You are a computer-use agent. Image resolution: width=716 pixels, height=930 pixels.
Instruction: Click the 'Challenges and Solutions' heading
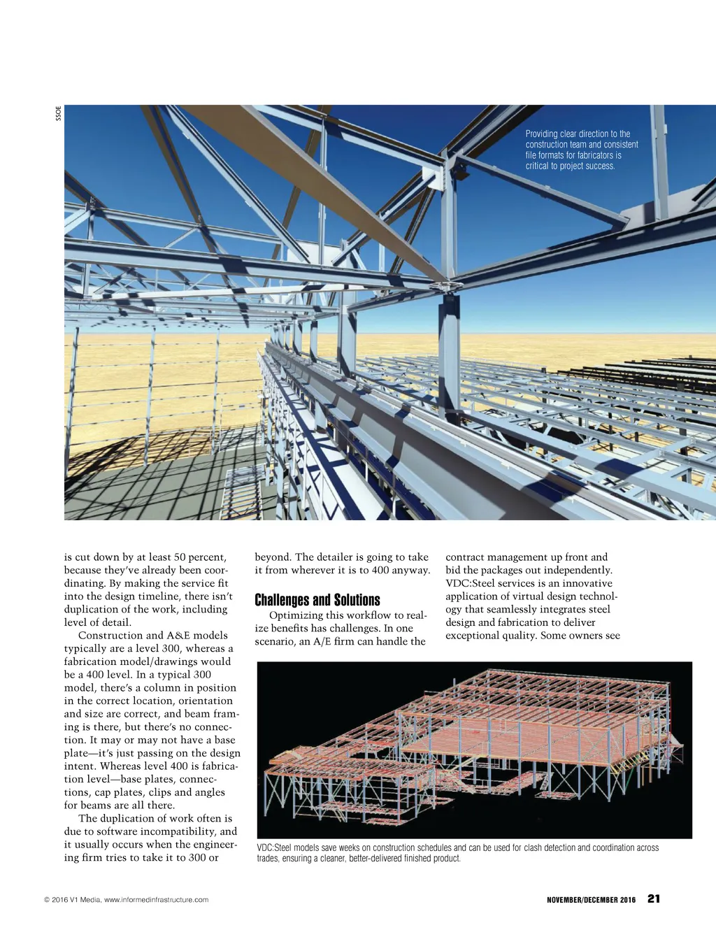(x=317, y=600)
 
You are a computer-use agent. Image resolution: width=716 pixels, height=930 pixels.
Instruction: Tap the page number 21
(x=654, y=899)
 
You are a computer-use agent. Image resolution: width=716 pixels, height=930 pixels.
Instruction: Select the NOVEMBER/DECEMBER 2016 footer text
(x=591, y=900)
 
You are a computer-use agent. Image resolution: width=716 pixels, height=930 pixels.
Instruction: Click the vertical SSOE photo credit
(x=59, y=113)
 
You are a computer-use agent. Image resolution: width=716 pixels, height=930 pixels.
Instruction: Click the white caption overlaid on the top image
(x=581, y=150)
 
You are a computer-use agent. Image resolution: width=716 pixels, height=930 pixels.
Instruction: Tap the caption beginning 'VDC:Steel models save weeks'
(x=457, y=852)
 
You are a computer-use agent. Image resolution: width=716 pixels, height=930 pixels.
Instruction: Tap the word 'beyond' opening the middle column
(x=272, y=557)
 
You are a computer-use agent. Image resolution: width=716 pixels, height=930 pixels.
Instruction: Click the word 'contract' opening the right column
(x=465, y=557)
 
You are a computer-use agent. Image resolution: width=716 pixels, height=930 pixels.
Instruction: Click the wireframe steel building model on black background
(x=474, y=750)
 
